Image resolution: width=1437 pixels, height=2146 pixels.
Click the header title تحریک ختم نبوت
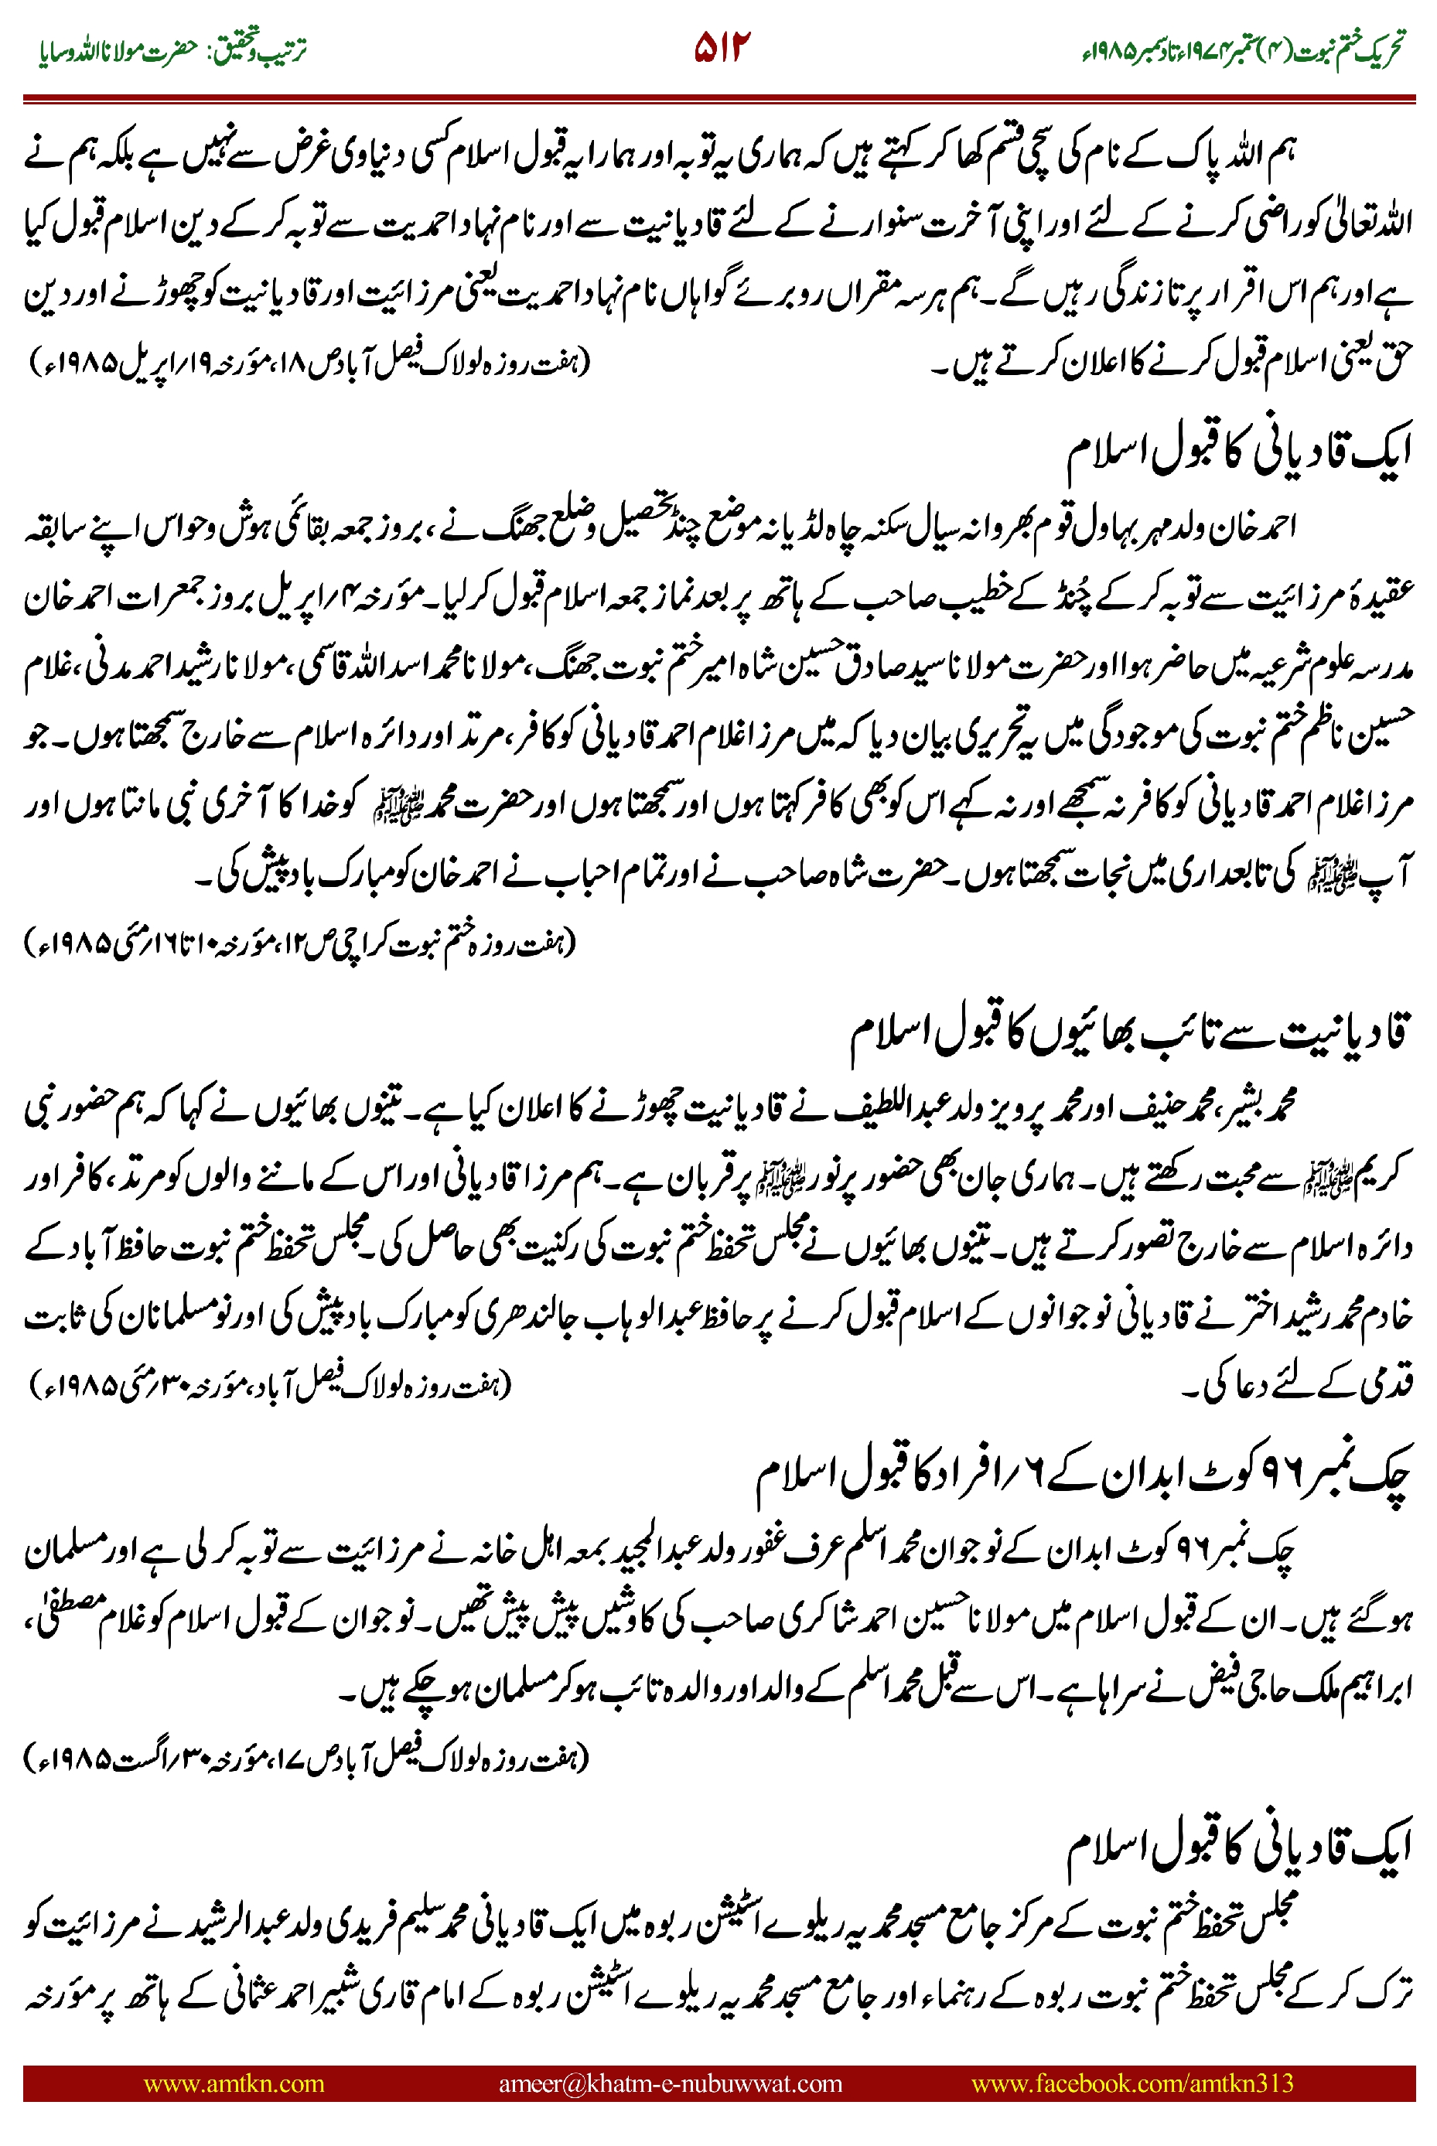1347,49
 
